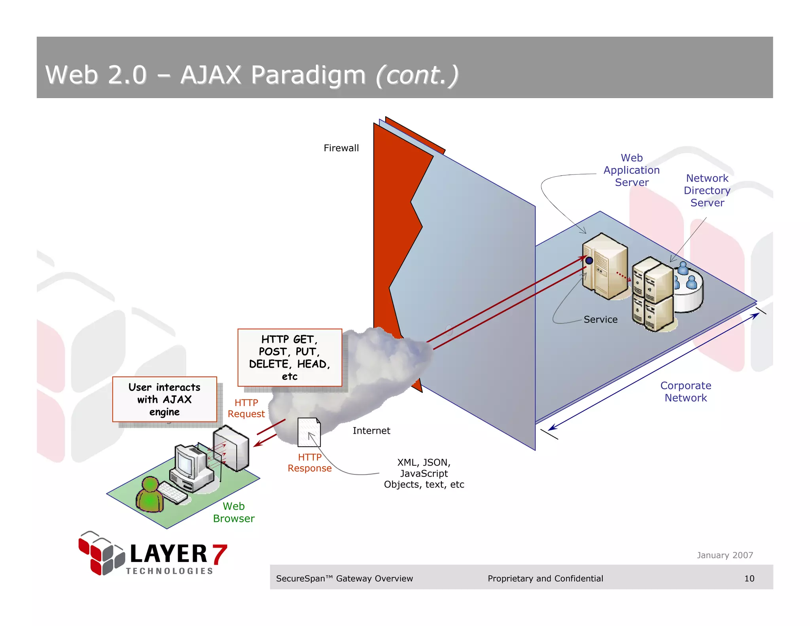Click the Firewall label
(x=341, y=148)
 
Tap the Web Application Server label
(x=631, y=170)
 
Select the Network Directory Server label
(x=707, y=190)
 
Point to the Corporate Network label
(x=685, y=392)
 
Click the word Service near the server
(x=600, y=319)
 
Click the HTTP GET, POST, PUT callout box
(x=290, y=358)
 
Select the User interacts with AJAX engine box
(x=165, y=399)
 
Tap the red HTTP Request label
(x=246, y=408)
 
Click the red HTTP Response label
(x=309, y=463)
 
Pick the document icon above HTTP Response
(x=309, y=432)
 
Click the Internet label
(x=371, y=431)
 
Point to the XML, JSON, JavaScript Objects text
(x=424, y=473)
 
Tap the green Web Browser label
(x=233, y=512)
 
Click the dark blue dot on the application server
(x=589, y=260)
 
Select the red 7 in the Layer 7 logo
(x=219, y=554)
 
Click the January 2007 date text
(x=725, y=555)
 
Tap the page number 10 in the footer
(x=749, y=579)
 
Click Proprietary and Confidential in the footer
(x=545, y=579)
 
